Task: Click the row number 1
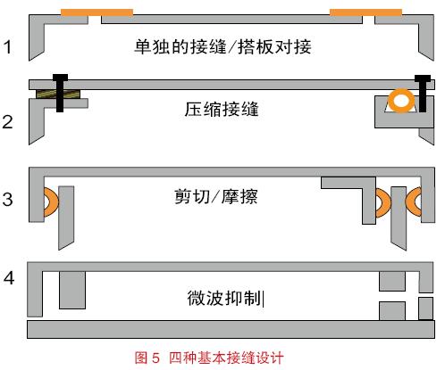pyautogui.click(x=7, y=47)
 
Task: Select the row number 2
pyautogui.click(x=7, y=122)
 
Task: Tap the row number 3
pyautogui.click(x=7, y=199)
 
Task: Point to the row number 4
pyautogui.click(x=9, y=278)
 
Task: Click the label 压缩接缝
pyautogui.click(x=222, y=109)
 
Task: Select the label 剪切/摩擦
pyautogui.click(x=216, y=196)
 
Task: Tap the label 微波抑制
pyautogui.click(x=224, y=298)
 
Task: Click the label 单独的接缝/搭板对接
pyautogui.click(x=222, y=46)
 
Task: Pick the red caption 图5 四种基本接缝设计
pyautogui.click(x=209, y=358)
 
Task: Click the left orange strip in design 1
pyautogui.click(x=97, y=12)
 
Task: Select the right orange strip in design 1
pyautogui.click(x=365, y=12)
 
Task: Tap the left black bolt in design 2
pyautogui.click(x=60, y=93)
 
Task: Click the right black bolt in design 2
pyautogui.click(x=423, y=94)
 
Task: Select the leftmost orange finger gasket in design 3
pyautogui.click(x=51, y=202)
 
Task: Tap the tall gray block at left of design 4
pyautogui.click(x=72, y=290)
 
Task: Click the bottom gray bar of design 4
pyautogui.click(x=231, y=329)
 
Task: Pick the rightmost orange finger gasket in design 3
pyautogui.click(x=414, y=201)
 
